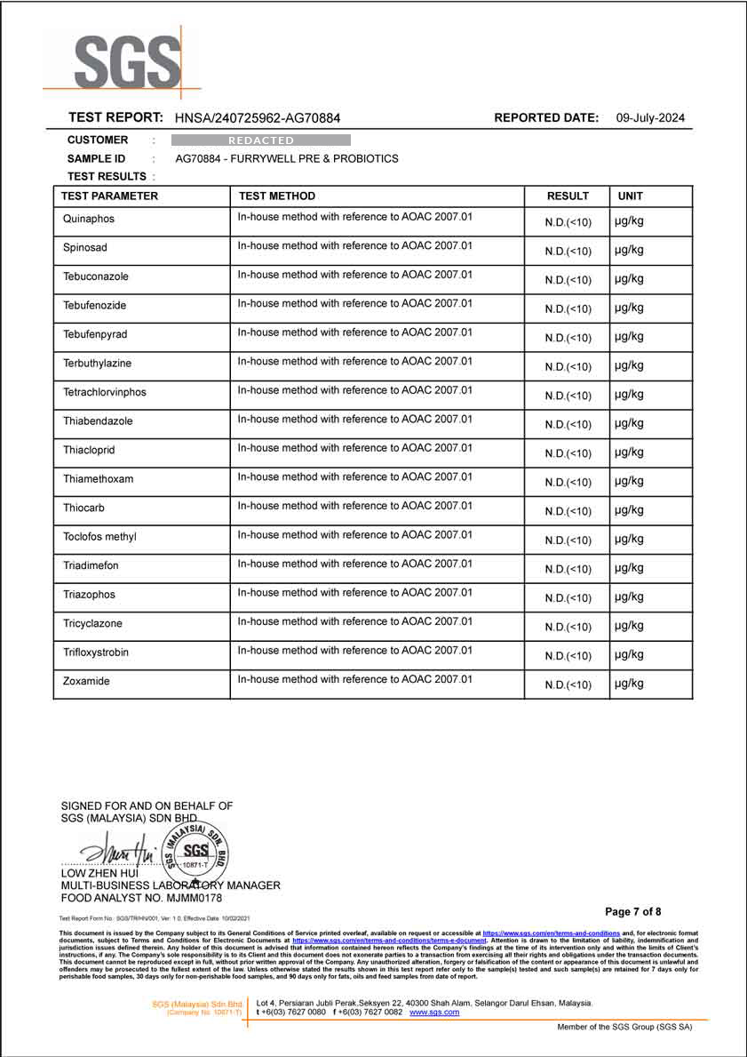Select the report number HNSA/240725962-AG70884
pos(257,118)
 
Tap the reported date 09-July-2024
pos(650,118)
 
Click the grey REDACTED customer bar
pos(260,140)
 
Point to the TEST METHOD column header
pos(276,196)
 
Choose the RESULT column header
pos(568,196)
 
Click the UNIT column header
pos(631,196)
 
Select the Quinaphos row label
pos(89,219)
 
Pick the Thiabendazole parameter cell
pos(98,420)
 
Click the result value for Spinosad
pos(568,252)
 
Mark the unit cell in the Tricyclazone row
pos(629,626)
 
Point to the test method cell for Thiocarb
pos(354,507)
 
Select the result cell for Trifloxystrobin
pos(568,656)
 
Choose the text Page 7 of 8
pos(632,912)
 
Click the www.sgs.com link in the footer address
pos(434,1013)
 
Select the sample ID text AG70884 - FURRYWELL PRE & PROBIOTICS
pos(287,159)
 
